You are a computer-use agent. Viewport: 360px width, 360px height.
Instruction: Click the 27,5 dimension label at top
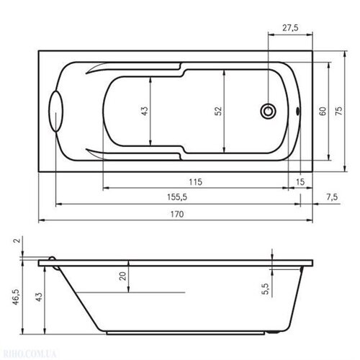click(x=290, y=28)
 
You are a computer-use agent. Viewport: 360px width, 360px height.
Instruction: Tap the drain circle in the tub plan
click(x=268, y=111)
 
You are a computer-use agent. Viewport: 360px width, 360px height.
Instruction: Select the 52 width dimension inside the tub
click(x=218, y=111)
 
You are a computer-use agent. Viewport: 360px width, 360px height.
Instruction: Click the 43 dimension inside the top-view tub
click(x=145, y=111)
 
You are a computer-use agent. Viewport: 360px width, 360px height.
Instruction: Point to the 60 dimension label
click(x=323, y=111)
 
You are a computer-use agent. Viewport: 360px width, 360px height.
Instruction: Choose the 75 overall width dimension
click(x=338, y=111)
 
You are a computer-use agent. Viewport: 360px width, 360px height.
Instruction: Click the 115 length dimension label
click(x=195, y=182)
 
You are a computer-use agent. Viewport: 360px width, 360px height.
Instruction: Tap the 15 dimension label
click(x=300, y=182)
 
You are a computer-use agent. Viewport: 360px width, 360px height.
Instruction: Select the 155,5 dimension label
click(x=177, y=197)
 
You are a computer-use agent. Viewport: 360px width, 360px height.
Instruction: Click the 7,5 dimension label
click(x=332, y=197)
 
